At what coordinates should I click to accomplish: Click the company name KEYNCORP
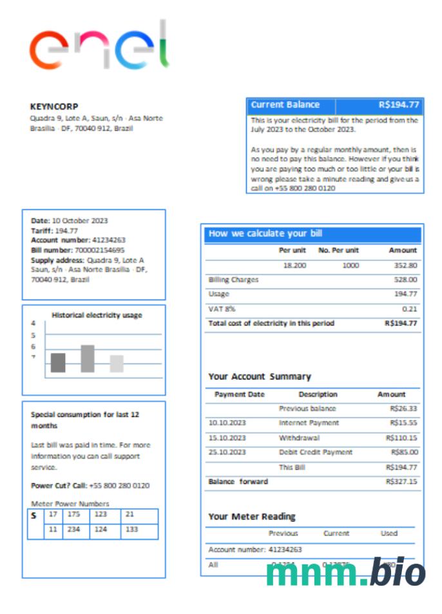(x=54, y=106)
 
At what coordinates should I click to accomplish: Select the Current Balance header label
(x=285, y=105)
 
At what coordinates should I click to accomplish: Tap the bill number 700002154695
(x=101, y=250)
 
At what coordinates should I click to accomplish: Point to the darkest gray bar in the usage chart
(x=58, y=363)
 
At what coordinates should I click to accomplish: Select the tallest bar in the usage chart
(x=88, y=359)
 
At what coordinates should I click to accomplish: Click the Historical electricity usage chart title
(x=97, y=315)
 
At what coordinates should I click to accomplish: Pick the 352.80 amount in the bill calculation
(x=404, y=265)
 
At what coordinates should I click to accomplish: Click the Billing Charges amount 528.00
(x=405, y=280)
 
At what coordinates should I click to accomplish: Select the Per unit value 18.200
(x=294, y=265)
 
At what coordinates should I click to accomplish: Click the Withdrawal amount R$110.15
(x=403, y=438)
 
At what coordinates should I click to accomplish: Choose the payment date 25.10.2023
(x=227, y=452)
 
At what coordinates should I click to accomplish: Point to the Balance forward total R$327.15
(x=401, y=481)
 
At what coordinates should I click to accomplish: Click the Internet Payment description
(x=309, y=423)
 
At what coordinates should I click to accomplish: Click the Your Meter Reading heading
(x=252, y=516)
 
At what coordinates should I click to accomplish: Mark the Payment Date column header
(x=239, y=394)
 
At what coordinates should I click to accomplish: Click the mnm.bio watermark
(x=345, y=573)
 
